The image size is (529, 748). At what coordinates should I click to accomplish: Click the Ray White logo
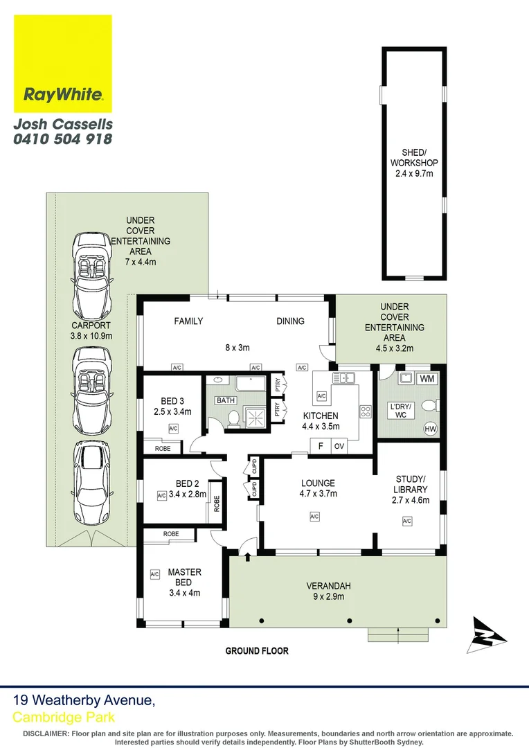63,64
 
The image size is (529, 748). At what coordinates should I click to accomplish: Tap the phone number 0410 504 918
63,139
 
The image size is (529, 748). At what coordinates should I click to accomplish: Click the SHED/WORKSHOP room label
414,163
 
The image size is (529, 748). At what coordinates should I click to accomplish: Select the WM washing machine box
427,378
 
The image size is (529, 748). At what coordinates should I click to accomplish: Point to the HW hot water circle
430,429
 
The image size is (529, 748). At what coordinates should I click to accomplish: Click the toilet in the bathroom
234,418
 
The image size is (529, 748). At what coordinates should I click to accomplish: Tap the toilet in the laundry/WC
431,405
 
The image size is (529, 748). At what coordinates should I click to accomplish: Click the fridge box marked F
321,446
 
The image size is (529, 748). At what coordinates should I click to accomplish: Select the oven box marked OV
339,446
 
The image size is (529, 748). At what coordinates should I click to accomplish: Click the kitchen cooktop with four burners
366,411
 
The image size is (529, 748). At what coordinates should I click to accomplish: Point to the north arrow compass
486,635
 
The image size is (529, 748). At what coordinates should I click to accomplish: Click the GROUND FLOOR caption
257,650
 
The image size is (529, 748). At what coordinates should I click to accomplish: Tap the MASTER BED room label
185,582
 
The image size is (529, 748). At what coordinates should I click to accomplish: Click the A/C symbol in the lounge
314,516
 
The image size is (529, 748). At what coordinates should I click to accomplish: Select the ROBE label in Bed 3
163,448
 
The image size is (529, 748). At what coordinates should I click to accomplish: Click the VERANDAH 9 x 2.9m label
329,591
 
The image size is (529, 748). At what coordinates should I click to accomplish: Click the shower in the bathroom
255,416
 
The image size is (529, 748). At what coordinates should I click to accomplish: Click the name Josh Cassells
63,124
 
